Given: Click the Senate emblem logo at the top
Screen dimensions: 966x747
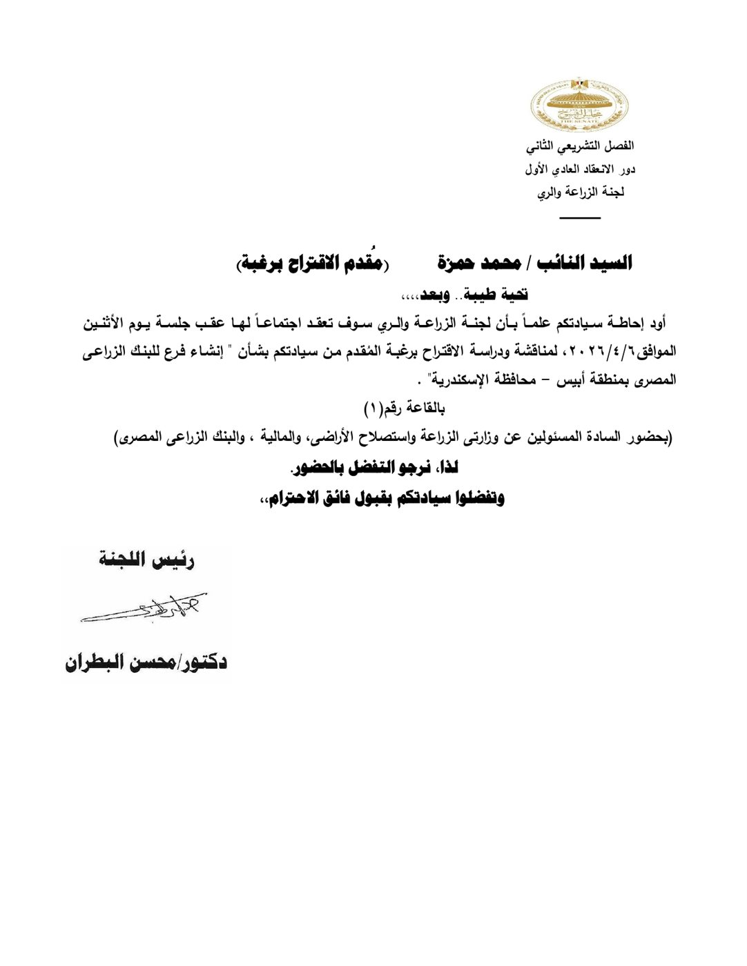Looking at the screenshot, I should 579,104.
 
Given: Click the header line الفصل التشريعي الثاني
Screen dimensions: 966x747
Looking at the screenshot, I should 579,146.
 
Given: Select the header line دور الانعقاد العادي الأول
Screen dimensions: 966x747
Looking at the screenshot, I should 579,169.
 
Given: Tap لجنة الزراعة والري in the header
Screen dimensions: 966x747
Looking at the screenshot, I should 581,193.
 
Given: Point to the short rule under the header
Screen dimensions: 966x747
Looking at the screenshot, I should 580,218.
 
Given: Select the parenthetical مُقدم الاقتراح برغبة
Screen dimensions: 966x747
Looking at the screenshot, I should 311,263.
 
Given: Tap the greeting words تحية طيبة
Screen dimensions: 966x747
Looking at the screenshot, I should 495,295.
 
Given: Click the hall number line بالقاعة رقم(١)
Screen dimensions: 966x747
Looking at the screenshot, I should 405,408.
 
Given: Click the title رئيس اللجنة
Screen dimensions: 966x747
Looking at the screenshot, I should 146,560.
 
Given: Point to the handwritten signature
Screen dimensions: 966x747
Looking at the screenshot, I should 144,607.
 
